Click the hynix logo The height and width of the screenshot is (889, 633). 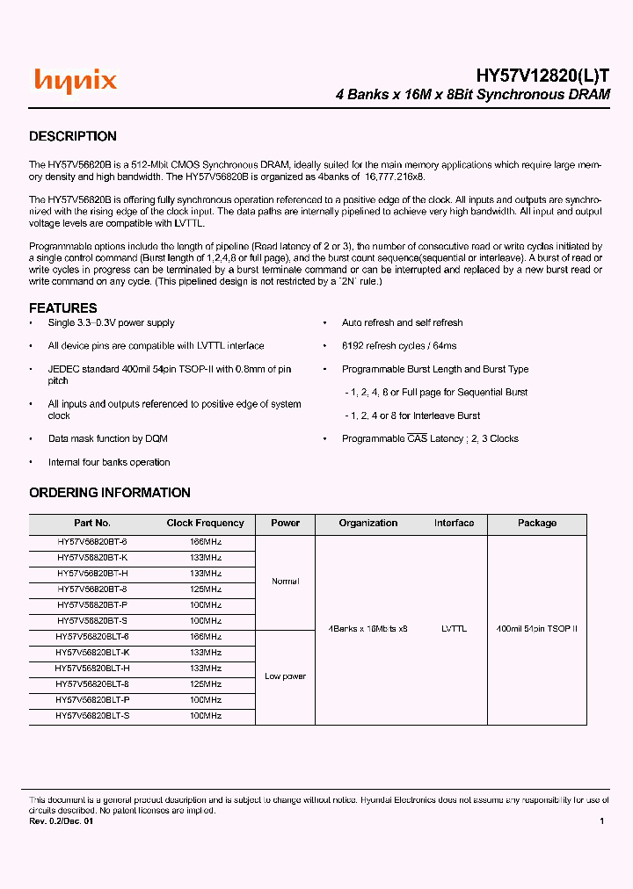click(x=76, y=82)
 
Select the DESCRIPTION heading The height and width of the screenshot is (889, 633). click(x=73, y=136)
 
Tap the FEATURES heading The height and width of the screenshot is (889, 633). click(x=63, y=307)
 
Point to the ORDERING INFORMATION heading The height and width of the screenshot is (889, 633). click(x=110, y=493)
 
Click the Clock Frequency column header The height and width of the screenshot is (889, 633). click(x=206, y=524)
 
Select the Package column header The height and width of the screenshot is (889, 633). click(x=536, y=524)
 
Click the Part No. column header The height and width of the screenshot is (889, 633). click(x=92, y=524)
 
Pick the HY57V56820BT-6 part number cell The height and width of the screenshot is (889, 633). click(x=92, y=542)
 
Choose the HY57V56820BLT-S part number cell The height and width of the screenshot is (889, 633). click(x=92, y=716)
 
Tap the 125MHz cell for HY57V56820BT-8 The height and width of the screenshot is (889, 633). click(x=206, y=589)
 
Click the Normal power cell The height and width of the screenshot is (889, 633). click(x=286, y=582)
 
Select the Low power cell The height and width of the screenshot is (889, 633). click(x=286, y=676)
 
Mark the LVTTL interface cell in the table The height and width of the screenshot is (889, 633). click(x=454, y=629)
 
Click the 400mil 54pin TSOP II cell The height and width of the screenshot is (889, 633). click(x=536, y=629)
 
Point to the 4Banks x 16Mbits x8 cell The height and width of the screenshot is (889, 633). click(x=368, y=629)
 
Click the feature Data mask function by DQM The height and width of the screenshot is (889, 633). click(x=108, y=438)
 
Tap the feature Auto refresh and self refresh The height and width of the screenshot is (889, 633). click(x=402, y=323)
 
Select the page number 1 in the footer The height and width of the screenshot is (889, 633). click(x=601, y=821)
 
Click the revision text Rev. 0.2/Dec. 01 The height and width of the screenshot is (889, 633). click(x=62, y=821)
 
